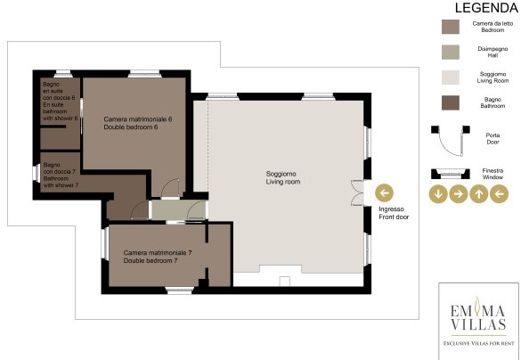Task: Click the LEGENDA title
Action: pos(486,8)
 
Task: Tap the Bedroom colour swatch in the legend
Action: pos(451,27)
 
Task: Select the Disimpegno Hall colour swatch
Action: pos(451,53)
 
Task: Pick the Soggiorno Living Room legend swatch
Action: pos(451,78)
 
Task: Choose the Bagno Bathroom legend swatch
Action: pos(451,102)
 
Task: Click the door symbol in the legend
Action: pos(451,140)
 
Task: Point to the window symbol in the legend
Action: pos(451,174)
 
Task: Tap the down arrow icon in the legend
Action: pos(438,193)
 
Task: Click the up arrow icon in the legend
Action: pos(479,193)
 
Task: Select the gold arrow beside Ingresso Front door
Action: pos(385,192)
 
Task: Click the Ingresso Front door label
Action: pos(394,213)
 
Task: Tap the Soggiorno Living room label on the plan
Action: pos(283,178)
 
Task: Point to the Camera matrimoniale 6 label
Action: pos(138,123)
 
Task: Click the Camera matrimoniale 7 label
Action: pos(158,257)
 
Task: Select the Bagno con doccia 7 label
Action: pos(61,175)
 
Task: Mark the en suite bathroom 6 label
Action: pos(60,101)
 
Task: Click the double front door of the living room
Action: pos(357,192)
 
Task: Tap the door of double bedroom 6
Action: pos(171,188)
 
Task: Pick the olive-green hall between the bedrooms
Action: pos(179,209)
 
